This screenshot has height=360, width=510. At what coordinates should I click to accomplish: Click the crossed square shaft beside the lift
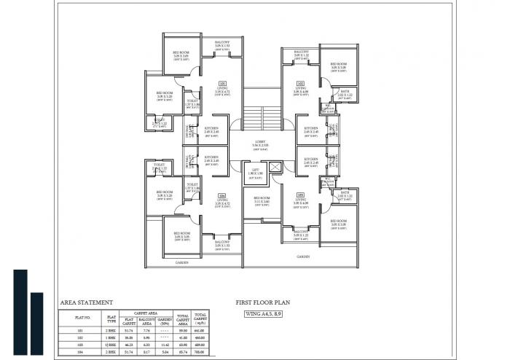(275, 168)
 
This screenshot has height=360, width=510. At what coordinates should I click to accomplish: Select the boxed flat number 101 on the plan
(222, 84)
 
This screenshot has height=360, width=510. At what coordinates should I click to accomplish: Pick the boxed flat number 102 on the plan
(300, 84)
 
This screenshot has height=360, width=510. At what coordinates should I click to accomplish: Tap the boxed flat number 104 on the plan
(221, 195)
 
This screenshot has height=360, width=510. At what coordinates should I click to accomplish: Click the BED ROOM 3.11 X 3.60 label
(262, 200)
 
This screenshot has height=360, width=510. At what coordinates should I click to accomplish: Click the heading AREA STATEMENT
(86, 302)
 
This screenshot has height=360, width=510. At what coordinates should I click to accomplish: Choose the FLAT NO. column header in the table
(82, 318)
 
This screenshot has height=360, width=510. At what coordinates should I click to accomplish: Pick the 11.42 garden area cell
(164, 344)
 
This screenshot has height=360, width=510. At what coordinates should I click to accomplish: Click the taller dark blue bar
(20, 313)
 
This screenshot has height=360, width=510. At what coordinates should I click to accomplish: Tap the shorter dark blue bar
(37, 325)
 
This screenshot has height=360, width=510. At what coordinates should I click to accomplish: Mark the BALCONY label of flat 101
(222, 44)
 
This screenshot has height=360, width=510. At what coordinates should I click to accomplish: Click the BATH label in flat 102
(345, 92)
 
